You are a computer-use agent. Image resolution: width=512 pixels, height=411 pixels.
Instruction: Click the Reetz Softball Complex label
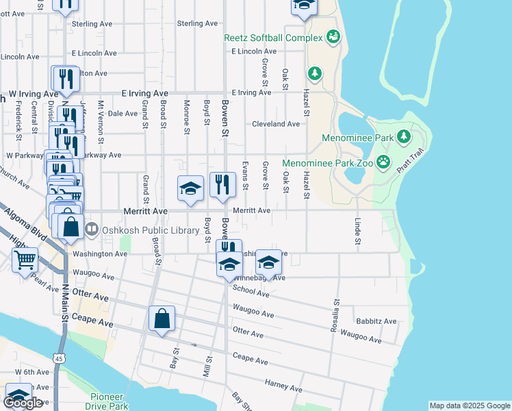273,37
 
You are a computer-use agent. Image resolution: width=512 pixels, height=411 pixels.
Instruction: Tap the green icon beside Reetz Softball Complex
333,36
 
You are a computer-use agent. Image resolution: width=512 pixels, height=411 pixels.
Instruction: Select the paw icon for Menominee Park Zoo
383,163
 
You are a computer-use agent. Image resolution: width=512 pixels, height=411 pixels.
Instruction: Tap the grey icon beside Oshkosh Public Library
92,229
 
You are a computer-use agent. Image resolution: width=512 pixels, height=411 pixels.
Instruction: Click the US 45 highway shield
59,358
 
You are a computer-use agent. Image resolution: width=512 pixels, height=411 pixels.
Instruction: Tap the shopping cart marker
25,260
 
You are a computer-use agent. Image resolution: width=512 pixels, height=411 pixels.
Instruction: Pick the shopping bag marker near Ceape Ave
162,319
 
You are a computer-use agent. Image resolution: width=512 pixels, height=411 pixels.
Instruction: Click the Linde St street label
357,232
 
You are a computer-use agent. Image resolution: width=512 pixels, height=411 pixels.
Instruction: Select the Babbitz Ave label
376,321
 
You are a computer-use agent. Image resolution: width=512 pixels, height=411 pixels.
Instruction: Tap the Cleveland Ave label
276,124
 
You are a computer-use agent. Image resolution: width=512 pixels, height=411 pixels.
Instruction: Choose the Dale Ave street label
123,114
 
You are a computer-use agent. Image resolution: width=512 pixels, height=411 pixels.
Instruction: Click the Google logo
23,403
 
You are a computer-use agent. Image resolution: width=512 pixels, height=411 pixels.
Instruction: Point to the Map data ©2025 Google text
470,406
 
